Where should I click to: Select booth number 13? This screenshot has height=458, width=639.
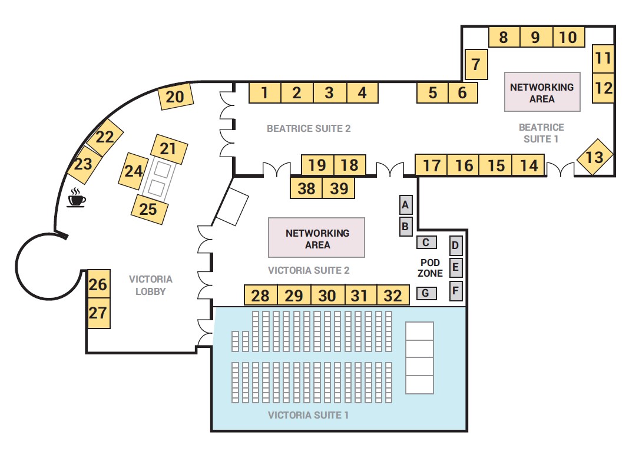pos(594,157)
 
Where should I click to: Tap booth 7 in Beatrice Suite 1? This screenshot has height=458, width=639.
pos(476,64)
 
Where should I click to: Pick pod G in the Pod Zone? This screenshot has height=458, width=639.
pos(426,293)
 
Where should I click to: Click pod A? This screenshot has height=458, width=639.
pos(405,205)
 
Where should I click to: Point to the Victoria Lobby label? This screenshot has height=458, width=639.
pos(151,285)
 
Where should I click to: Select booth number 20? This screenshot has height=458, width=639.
pos(176,97)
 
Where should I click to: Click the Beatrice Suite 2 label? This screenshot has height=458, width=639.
pos(309,128)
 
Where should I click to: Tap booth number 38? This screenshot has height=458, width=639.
pos(306,188)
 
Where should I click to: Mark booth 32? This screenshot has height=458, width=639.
pos(393,295)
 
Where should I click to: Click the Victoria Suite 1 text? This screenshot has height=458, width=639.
pos(308,415)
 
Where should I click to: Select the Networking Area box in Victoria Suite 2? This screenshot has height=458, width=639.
pos(317,238)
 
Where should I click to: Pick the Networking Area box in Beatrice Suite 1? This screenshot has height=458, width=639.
pos(542,92)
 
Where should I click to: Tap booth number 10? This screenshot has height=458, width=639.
pos(568,37)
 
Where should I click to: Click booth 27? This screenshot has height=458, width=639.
pos(98,313)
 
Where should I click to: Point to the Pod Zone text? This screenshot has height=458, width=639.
pos(430,267)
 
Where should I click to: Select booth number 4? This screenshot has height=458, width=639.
pos(362,93)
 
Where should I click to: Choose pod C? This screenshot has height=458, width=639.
pos(426,242)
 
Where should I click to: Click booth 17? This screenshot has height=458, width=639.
pos(431,165)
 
